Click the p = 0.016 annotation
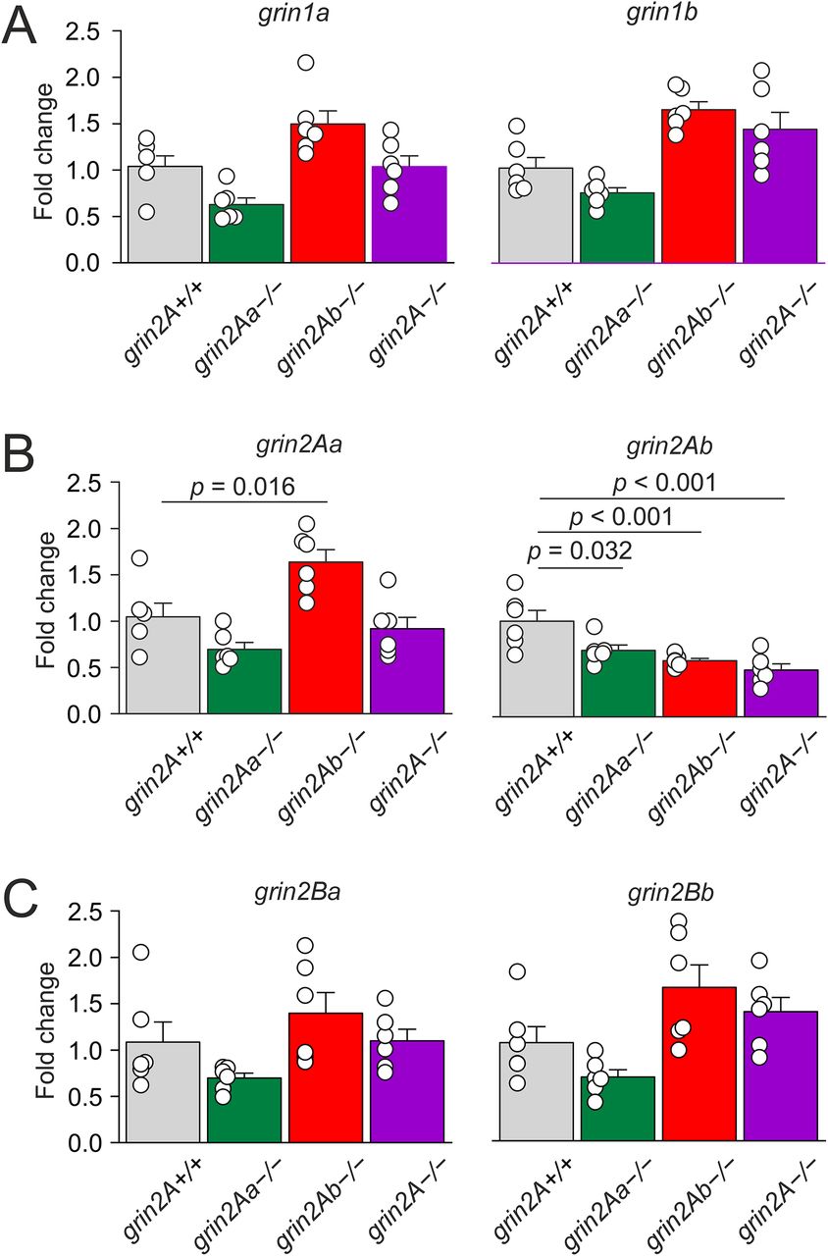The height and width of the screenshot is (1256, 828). [243, 487]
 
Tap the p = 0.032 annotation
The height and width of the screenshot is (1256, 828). [580, 552]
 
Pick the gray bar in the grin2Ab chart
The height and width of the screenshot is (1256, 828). [536, 667]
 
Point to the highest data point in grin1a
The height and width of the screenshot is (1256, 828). [305, 63]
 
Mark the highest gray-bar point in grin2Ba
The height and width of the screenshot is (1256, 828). [140, 952]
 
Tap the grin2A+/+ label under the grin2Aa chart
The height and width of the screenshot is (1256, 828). [162, 775]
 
